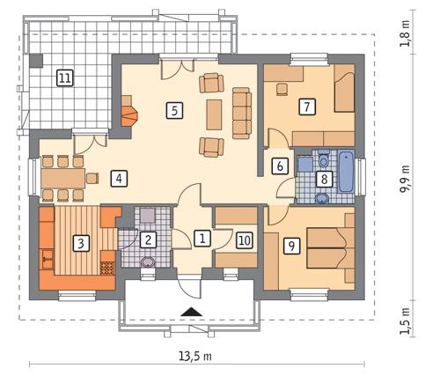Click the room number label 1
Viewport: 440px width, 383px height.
tap(202, 238)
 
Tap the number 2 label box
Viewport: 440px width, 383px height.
tap(149, 239)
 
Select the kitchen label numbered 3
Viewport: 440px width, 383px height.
tap(80, 242)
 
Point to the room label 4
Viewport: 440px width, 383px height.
tap(116, 179)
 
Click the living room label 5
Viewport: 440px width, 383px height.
tap(174, 110)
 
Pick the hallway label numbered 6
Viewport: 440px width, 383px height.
tap(279, 165)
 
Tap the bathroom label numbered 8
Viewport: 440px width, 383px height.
tap(324, 180)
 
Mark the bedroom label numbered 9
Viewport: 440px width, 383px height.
tap(290, 246)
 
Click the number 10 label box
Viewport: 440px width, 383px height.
tap(244, 238)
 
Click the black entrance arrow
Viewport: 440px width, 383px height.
tap(187, 310)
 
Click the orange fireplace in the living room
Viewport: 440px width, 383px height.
tap(128, 114)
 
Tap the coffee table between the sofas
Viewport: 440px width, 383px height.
tap(214, 113)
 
